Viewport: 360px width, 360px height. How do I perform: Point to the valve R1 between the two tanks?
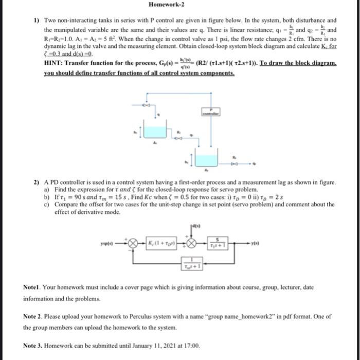click(178, 138)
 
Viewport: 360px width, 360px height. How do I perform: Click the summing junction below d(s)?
click(192, 243)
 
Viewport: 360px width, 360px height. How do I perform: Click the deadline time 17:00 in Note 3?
click(191, 346)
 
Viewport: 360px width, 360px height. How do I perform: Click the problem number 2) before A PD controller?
click(37, 183)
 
